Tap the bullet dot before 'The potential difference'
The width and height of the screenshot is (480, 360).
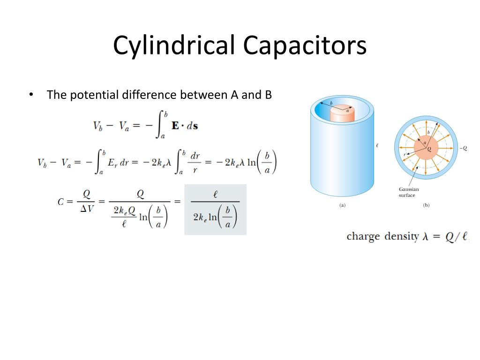pyautogui.click(x=31, y=95)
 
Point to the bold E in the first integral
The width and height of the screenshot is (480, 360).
pyautogui.click(x=175, y=126)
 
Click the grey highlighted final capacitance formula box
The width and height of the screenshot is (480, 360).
pyautogui.click(x=215, y=210)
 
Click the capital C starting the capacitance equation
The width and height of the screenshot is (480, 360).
pyautogui.click(x=61, y=202)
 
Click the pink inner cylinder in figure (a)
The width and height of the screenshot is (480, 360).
pyautogui.click(x=342, y=115)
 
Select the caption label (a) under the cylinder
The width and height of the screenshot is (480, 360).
pyautogui.click(x=342, y=205)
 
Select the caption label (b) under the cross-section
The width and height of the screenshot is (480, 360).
pyautogui.click(x=426, y=205)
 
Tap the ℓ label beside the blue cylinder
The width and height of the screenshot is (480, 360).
pyautogui.click(x=377, y=146)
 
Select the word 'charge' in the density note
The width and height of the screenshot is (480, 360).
pyautogui.click(x=363, y=236)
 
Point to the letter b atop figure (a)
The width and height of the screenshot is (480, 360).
pyautogui.click(x=331, y=103)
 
